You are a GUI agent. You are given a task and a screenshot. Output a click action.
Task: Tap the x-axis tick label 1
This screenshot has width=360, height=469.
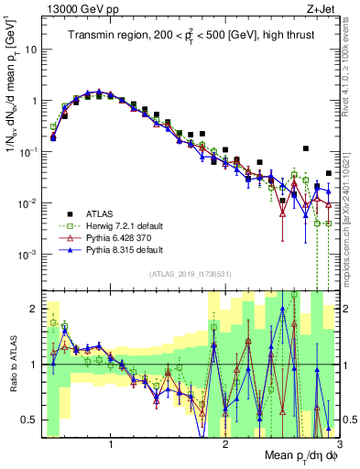[x=111, y=444]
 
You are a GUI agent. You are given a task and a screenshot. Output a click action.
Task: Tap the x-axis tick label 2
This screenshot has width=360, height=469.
[x=225, y=444]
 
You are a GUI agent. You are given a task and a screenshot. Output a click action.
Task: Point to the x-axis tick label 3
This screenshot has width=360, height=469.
[x=338, y=444]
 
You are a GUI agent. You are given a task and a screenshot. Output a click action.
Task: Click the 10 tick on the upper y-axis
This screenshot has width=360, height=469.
[x=30, y=49]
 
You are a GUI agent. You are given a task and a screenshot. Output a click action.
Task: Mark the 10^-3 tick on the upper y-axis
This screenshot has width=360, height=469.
[x=28, y=254]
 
